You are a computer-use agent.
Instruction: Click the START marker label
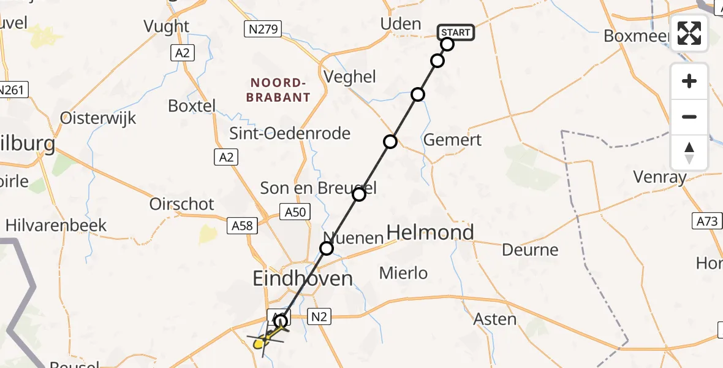456,32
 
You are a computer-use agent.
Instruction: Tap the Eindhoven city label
303,279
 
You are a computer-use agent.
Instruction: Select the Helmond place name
431,232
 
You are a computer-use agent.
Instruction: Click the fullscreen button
689,33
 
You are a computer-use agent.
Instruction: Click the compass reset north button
689,153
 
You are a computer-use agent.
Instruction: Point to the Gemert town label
453,140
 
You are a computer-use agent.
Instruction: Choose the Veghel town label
350,77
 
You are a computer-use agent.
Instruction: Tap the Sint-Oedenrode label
290,133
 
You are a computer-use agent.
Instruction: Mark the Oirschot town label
182,204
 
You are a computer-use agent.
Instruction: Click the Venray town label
660,178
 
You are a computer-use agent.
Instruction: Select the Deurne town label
530,250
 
